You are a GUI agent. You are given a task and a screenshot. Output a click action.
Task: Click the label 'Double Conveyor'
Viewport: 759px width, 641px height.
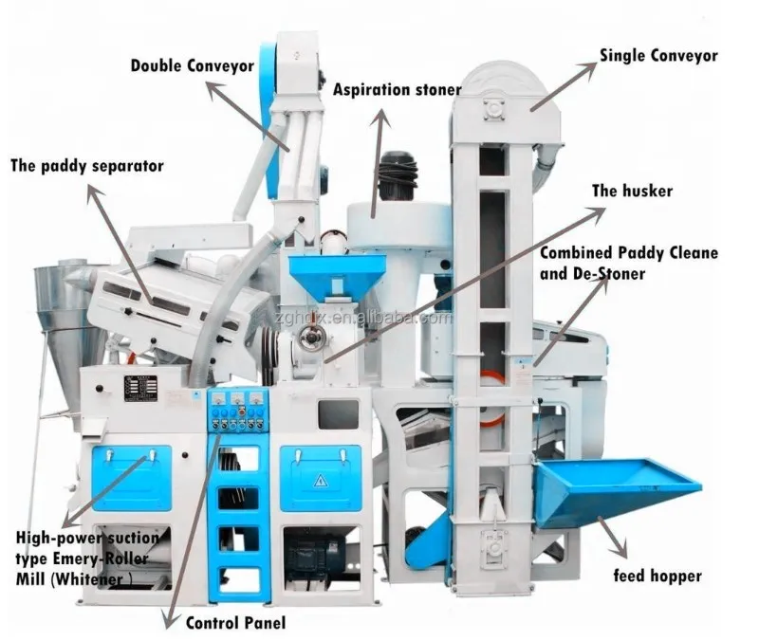point(193,66)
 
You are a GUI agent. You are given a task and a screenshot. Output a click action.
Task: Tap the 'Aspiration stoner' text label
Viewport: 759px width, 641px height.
point(397,90)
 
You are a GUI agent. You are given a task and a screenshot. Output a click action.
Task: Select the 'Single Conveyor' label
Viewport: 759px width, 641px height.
point(658,55)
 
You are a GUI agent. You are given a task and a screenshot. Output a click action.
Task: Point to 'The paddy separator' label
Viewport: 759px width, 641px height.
point(87,166)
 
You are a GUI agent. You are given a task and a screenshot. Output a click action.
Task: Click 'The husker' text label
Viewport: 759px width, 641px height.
point(632,191)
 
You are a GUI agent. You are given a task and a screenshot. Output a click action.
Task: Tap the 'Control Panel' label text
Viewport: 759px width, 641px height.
point(235,623)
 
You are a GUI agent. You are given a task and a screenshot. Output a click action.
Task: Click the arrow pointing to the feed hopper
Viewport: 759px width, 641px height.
point(613,536)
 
